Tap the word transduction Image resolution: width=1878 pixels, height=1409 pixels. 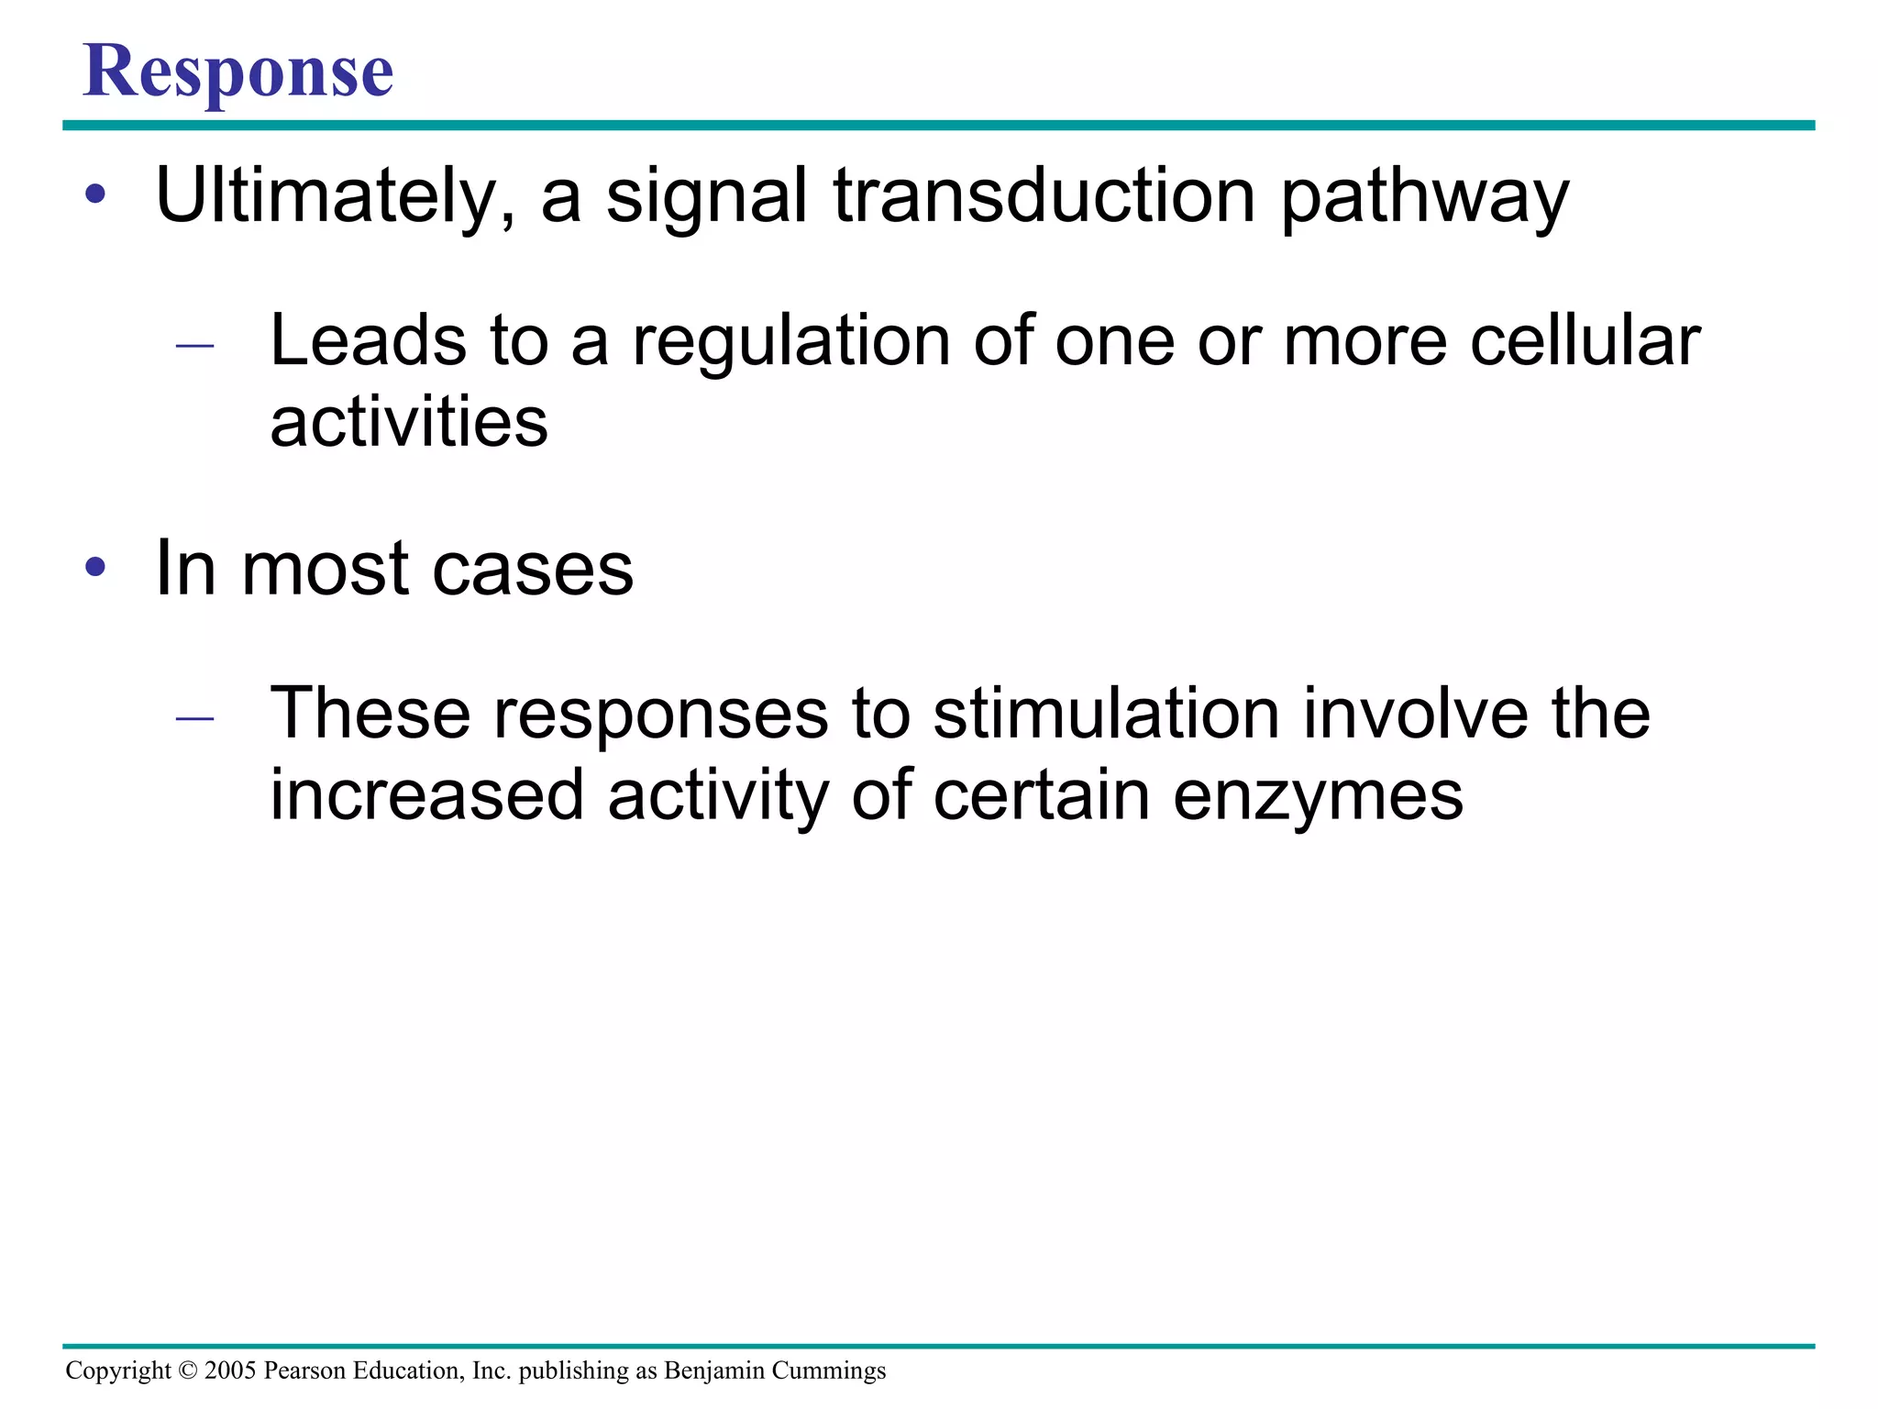pyautogui.click(x=1044, y=195)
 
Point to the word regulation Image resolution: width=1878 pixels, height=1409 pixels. pyautogui.click(x=791, y=341)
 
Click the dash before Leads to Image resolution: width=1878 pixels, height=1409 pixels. pyautogui.click(x=194, y=346)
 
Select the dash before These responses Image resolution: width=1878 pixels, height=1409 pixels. pyautogui.click(x=194, y=718)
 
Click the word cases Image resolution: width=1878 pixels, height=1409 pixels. pyautogui.click(x=532, y=569)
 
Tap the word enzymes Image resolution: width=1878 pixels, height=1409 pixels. pyautogui.click(x=1318, y=796)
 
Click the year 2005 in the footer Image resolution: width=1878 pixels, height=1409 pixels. pyautogui.click(x=230, y=1370)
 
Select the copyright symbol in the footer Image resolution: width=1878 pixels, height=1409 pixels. pyautogui.click(x=188, y=1370)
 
